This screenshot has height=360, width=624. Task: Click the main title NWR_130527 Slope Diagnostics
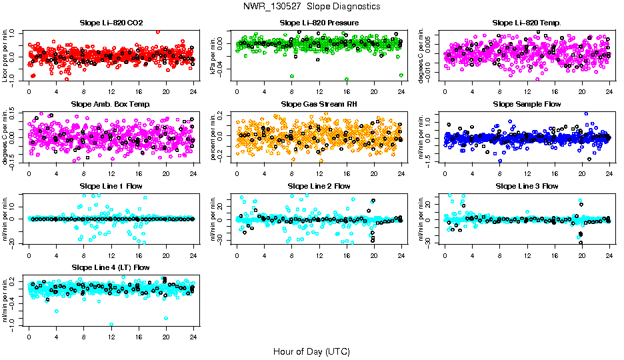312,6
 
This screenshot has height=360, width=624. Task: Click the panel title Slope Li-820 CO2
111,23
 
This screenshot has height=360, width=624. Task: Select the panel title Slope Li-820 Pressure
319,23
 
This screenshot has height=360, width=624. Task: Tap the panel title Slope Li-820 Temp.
527,23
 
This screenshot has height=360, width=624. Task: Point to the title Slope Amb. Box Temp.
111,104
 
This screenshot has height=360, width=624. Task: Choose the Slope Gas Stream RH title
319,104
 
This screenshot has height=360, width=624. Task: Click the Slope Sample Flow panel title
527,104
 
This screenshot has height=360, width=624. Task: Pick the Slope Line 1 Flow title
111,186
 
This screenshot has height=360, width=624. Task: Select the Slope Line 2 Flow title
319,186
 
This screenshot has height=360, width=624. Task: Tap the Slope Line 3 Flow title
527,186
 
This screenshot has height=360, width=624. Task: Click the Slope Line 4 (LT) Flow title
111,267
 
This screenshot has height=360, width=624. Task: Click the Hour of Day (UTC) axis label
311,351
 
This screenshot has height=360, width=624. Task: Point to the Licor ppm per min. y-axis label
5,55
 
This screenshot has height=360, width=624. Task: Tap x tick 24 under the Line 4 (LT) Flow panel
193,337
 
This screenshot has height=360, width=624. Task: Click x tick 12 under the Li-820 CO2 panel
111,92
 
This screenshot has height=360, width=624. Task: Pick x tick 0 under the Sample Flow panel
445,173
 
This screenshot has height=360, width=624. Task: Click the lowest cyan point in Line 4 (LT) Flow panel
111,325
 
